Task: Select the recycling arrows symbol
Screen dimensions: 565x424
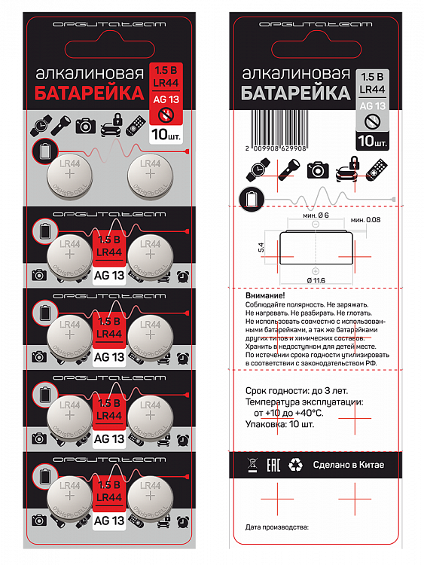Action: (x=298, y=465)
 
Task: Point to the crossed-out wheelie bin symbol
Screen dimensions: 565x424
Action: (x=252, y=465)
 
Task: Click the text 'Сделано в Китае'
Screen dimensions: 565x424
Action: (x=349, y=465)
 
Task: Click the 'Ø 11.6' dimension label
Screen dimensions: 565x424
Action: (x=316, y=280)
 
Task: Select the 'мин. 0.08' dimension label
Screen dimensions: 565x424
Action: (x=366, y=219)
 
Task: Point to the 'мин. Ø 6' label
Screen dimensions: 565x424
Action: (x=316, y=217)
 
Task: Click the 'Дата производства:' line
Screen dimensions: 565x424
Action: (x=277, y=527)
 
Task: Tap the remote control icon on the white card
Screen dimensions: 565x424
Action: (x=377, y=169)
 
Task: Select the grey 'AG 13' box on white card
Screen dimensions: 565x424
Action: (x=373, y=107)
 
